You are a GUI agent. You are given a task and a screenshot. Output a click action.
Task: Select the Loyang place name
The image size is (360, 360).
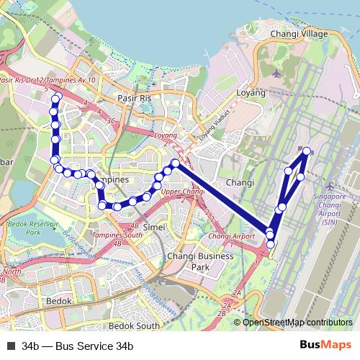251,93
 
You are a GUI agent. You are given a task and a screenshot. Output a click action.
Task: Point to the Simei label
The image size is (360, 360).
155,227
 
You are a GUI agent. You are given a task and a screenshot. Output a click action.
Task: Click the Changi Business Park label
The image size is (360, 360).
200,261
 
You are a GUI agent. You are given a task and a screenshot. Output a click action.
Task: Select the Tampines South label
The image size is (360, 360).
117,235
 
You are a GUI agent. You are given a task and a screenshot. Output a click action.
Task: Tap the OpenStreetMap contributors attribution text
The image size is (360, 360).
297,323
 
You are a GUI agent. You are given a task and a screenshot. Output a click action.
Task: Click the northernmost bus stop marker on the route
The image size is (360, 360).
57,96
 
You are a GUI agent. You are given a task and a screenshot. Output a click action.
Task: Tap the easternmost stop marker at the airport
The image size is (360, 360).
307,150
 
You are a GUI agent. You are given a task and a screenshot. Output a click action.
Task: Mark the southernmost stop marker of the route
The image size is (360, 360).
270,245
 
